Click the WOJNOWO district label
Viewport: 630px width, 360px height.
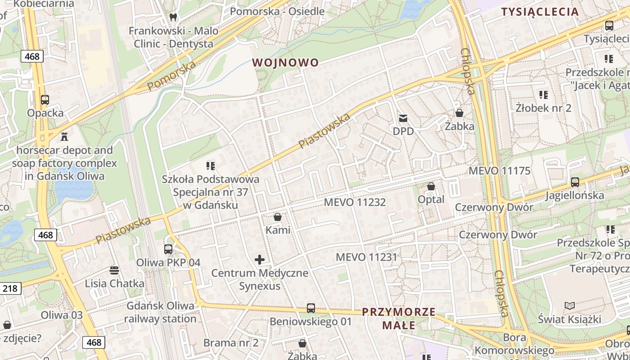(285, 63)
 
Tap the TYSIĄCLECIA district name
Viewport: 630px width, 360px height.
(540, 12)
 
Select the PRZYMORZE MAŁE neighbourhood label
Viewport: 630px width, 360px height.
(399, 318)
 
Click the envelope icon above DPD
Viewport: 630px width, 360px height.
(403, 118)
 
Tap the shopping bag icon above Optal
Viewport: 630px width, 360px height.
(431, 186)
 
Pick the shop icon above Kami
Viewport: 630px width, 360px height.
(278, 217)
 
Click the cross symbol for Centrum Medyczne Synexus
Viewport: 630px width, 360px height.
(260, 260)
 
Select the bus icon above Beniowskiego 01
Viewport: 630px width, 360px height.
(310, 308)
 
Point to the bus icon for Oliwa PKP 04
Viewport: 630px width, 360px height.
(168, 249)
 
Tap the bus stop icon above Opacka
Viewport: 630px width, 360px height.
(45, 100)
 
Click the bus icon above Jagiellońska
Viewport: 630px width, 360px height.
(575, 182)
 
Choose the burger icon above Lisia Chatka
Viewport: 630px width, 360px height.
(114, 270)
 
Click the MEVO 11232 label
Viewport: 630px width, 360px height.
(355, 202)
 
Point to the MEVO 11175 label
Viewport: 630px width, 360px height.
(499, 171)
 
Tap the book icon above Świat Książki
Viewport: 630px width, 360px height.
(570, 306)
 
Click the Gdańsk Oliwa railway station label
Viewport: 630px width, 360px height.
(161, 312)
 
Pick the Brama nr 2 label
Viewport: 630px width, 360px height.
(231, 343)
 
